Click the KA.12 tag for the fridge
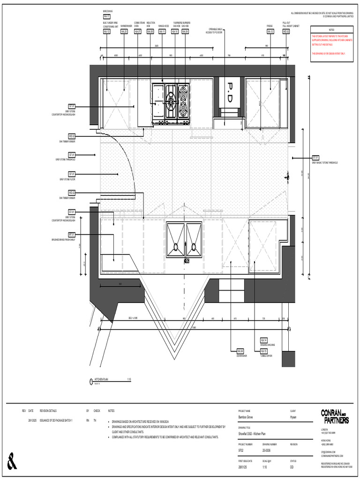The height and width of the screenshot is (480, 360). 270,31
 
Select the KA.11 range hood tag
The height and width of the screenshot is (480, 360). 162,31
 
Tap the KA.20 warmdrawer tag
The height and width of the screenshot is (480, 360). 124,31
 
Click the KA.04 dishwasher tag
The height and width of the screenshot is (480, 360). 240,351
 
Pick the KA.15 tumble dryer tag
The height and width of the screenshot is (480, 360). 263,351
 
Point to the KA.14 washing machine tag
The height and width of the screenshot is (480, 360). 263,340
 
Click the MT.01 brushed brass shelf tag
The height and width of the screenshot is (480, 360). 72,234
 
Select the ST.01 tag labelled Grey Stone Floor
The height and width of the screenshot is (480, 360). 72,174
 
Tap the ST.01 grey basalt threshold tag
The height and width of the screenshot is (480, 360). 315,157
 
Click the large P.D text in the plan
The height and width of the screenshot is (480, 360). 230,93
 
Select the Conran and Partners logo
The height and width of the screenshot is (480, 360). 335,416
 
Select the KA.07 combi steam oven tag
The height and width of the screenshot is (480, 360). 138,31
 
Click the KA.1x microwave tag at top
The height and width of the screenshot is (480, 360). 107,15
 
